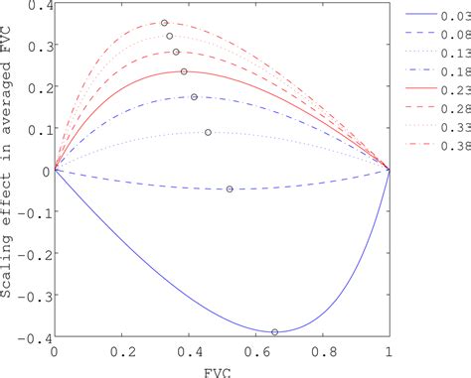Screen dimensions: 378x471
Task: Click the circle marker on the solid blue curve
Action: [275, 332]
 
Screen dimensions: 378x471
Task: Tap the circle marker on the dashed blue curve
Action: [230, 189]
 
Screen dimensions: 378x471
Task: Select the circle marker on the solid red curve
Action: [184, 71]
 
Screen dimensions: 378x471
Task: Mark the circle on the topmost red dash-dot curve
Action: [164, 22]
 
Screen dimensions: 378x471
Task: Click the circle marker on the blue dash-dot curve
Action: [194, 97]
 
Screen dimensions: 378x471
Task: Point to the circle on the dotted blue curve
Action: [208, 132]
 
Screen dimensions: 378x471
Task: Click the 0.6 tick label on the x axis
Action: [254, 351]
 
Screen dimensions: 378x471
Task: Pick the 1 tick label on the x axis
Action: [389, 351]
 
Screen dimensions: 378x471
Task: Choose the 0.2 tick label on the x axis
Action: [121, 351]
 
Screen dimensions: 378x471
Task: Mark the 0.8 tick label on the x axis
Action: [321, 351]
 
